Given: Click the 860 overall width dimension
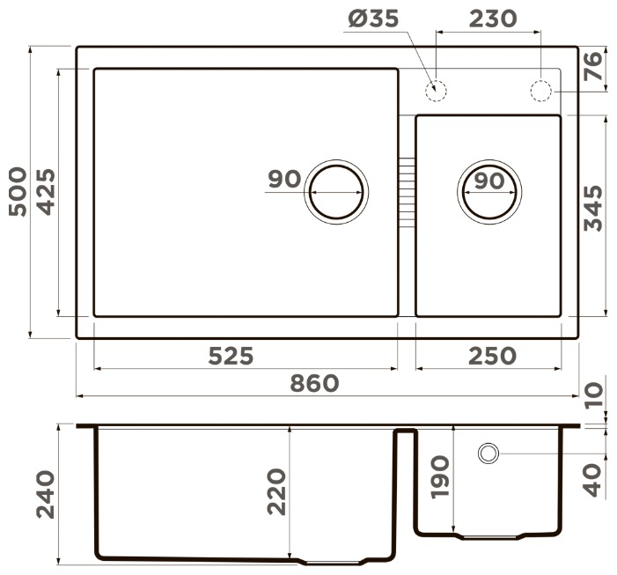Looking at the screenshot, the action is click(314, 383).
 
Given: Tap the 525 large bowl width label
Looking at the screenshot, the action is click(231, 356).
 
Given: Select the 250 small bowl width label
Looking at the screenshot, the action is click(492, 356).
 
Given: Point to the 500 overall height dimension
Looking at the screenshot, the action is click(18, 192).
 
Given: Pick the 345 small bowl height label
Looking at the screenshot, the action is click(593, 208).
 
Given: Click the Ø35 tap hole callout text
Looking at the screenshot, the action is click(373, 18).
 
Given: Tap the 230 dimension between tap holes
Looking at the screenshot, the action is click(493, 18).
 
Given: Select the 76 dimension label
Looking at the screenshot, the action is click(593, 67).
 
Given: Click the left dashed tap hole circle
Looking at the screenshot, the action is click(436, 91).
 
